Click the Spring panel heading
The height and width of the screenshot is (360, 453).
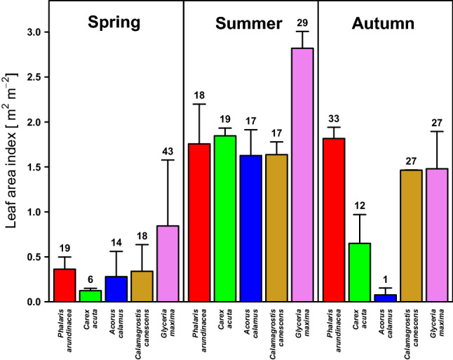(x=114, y=22)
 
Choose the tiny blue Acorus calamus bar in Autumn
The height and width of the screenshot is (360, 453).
(x=385, y=298)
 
